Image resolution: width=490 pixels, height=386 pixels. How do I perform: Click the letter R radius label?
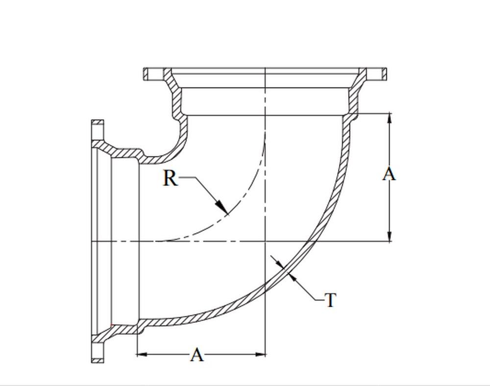[170, 178]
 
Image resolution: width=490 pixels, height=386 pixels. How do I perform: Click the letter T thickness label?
[331, 300]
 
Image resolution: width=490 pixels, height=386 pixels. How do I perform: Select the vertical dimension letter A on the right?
[389, 174]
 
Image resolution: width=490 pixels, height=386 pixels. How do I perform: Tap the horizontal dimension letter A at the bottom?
[196, 354]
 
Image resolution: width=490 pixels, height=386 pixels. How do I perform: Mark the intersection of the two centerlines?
[265, 241]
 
